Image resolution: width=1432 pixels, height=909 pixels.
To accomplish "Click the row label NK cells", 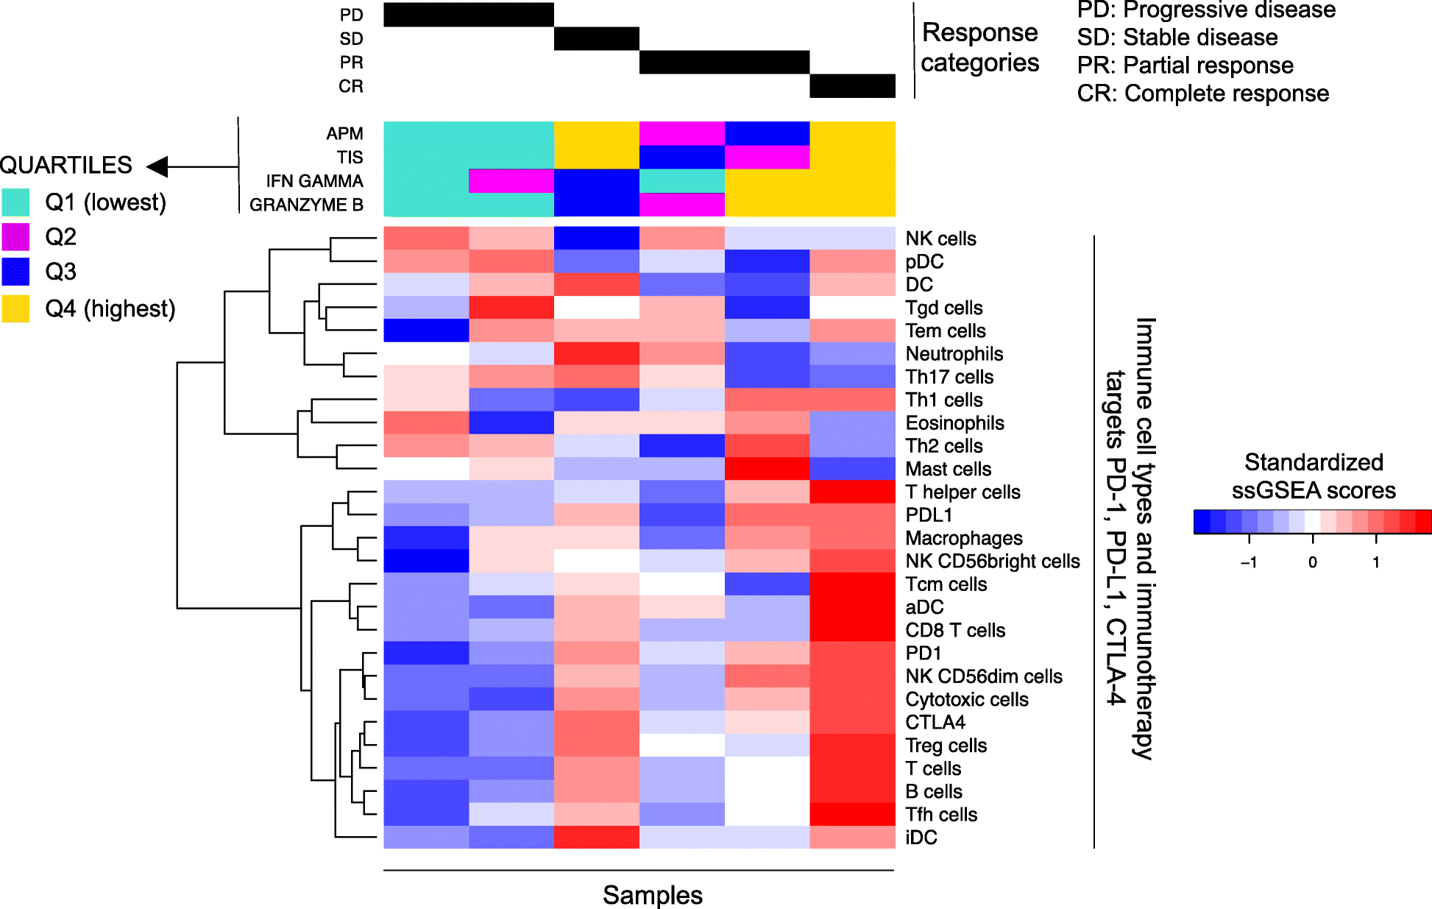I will tap(940, 238).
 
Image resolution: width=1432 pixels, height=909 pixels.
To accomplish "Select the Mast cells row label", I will tap(948, 469).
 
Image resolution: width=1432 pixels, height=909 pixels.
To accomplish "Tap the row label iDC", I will tap(921, 838).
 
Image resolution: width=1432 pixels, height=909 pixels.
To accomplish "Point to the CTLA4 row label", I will tap(935, 722).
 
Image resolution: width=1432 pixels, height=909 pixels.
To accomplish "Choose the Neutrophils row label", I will tap(954, 354).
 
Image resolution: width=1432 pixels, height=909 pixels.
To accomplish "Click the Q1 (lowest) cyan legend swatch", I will tap(15, 202).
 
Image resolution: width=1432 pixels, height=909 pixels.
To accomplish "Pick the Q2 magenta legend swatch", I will tap(15, 237).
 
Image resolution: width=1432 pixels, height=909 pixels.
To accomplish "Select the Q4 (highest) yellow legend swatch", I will tap(15, 308).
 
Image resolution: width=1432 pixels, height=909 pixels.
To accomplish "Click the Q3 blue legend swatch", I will tap(15, 272).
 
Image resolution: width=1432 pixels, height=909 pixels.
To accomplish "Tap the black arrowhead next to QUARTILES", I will tap(157, 166).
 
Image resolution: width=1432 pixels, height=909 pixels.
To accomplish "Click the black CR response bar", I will tap(852, 86).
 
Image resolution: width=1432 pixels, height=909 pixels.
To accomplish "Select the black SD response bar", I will tap(596, 39).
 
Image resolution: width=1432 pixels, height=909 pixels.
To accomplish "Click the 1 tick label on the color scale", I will tap(1375, 562).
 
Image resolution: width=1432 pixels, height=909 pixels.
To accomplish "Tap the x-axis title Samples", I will tap(652, 895).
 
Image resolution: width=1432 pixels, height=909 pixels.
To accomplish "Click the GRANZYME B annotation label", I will tap(306, 205).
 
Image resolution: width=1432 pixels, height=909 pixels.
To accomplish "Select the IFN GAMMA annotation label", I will tap(314, 181).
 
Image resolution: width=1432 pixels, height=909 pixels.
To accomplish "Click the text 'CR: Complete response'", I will tap(1202, 93).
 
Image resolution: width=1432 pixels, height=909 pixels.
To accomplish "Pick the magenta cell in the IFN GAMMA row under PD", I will tap(511, 181).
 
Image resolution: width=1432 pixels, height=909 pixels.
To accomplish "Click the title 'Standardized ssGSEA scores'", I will tap(1314, 476).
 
